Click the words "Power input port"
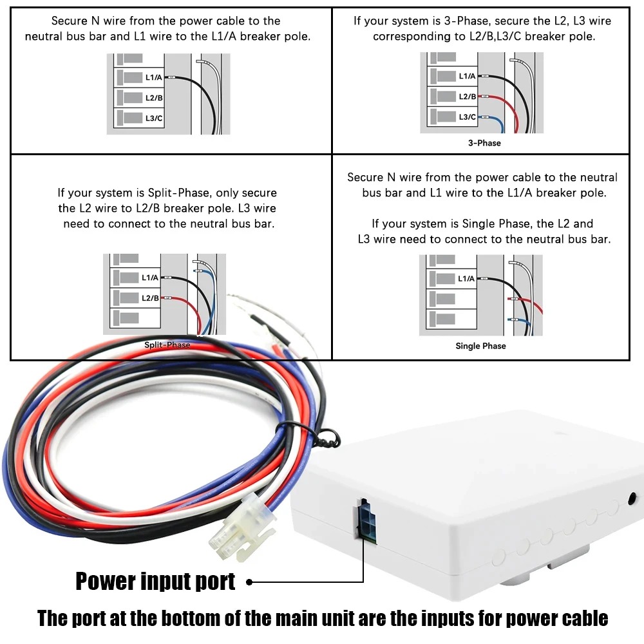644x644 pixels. pyautogui.click(x=156, y=582)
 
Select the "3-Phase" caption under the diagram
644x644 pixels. pyautogui.click(x=484, y=143)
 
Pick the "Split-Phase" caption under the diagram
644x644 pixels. pyautogui.click(x=167, y=345)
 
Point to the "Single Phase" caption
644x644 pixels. pyautogui.click(x=480, y=346)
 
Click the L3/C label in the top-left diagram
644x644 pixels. pyautogui.click(x=153, y=118)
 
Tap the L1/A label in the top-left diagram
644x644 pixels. pyautogui.click(x=153, y=78)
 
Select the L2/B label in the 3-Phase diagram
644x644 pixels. pyautogui.click(x=468, y=97)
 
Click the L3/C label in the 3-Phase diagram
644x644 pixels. pyautogui.click(x=468, y=117)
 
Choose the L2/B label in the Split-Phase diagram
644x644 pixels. pyautogui.click(x=149, y=298)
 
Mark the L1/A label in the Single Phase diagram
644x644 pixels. pyautogui.click(x=466, y=278)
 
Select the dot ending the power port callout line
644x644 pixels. pyautogui.click(x=249, y=582)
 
